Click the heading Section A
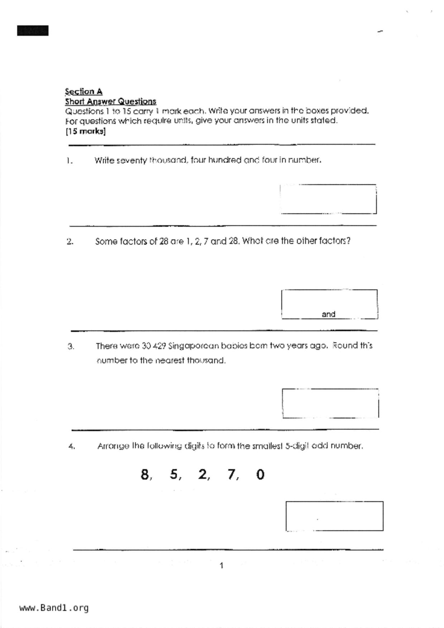pyautogui.click(x=83, y=91)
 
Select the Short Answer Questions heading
pyautogui.click(x=110, y=101)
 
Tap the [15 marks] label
pyautogui.click(x=85, y=131)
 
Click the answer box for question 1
pyautogui.click(x=328, y=199)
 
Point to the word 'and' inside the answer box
pyautogui.click(x=328, y=314)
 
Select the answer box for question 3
pyautogui.click(x=330, y=403)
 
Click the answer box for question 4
pyautogui.click(x=334, y=516)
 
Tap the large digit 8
pyautogui.click(x=145, y=474)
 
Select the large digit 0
pyautogui.click(x=261, y=474)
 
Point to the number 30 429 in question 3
pyautogui.click(x=154, y=346)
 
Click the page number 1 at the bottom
pyautogui.click(x=221, y=565)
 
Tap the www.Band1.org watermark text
pyautogui.click(x=54, y=608)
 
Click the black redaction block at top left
pyautogui.click(x=33, y=31)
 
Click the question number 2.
pyautogui.click(x=70, y=242)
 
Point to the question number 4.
pyautogui.click(x=72, y=446)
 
